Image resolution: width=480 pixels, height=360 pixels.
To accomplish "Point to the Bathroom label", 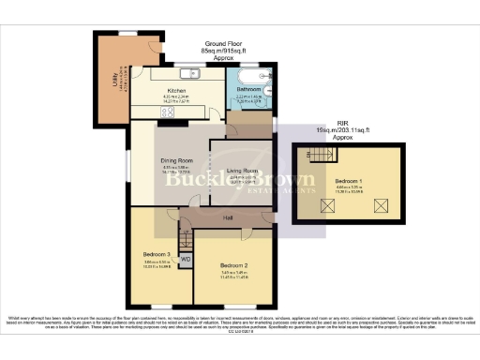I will click(x=248, y=89).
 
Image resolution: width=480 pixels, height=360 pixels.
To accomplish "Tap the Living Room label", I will click(x=242, y=170).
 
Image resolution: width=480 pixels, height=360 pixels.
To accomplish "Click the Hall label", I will click(x=227, y=217).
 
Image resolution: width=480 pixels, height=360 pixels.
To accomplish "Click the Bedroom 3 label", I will click(x=156, y=255).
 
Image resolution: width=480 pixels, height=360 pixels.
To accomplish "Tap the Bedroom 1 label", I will click(x=350, y=183).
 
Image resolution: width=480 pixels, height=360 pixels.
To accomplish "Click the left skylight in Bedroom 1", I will click(x=329, y=204).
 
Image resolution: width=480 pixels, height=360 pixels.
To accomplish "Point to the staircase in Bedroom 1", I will click(x=322, y=155).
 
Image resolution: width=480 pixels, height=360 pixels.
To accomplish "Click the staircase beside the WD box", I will click(x=185, y=242).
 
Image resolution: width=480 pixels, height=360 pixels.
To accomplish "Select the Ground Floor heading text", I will click(x=222, y=43).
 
